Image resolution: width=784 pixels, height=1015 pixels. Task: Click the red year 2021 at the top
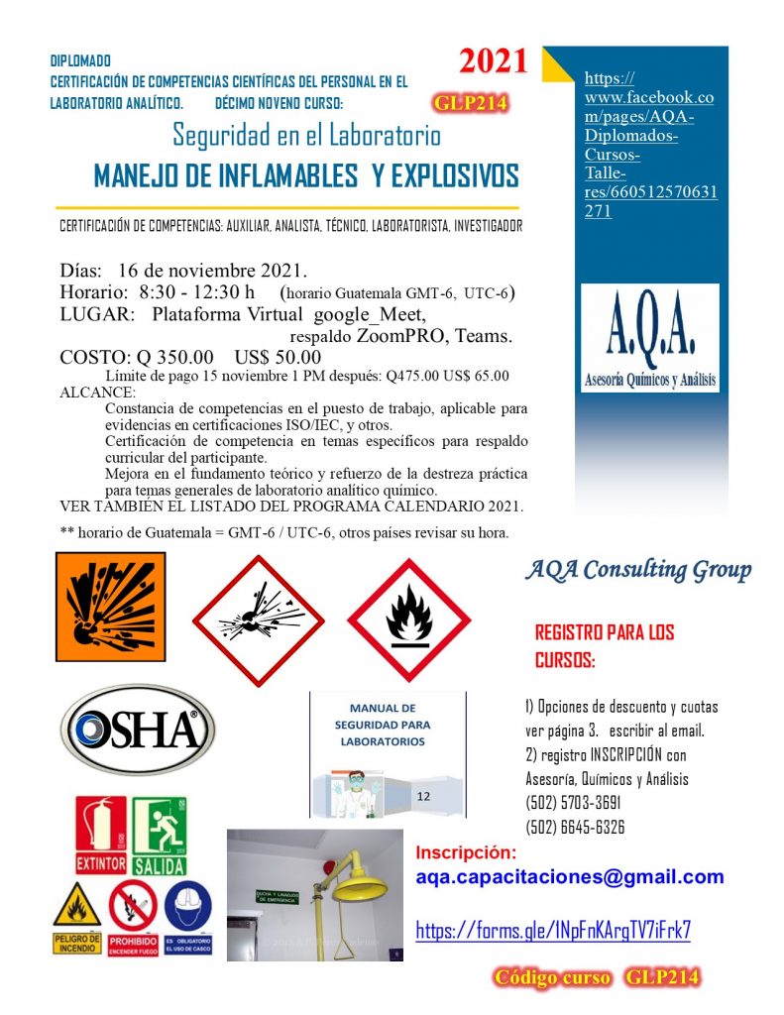pos(493,61)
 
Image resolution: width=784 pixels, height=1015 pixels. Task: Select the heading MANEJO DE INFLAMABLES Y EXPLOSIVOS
pos(305,176)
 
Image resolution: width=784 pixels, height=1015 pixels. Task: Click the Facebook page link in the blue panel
pos(649,145)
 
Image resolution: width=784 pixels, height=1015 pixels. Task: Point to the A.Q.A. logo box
pos(649,338)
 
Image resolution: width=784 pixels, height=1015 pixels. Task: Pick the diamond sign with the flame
pos(408,620)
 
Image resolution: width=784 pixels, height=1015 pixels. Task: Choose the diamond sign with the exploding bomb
pos(258,621)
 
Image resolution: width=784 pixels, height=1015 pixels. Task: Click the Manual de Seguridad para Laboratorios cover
pos(388,752)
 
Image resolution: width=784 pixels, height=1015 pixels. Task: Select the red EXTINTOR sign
pos(101,835)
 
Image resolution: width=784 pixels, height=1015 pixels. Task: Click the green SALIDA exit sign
pos(160,835)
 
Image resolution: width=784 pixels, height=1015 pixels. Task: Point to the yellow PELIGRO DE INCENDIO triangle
pos(77,917)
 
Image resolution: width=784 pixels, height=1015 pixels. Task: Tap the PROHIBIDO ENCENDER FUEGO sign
pos(133,917)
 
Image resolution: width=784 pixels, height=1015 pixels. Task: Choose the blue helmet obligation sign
pos(187,917)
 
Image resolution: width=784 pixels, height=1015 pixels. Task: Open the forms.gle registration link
pos(552,930)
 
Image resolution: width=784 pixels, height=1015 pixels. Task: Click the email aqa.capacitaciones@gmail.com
pos(569,876)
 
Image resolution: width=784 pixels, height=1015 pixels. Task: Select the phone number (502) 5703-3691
pos(575,803)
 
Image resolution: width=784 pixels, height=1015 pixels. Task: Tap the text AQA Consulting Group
pos(637,570)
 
